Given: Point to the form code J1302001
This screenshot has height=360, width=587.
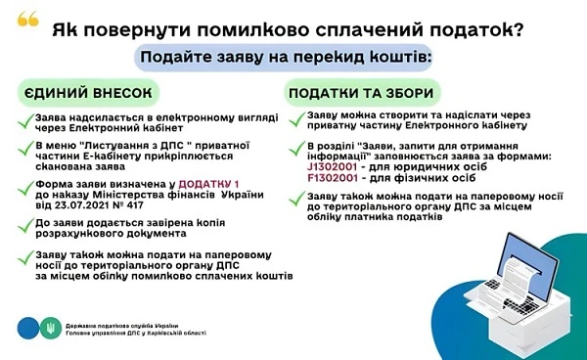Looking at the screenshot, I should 337,166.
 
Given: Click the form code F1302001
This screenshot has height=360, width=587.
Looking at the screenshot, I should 337,178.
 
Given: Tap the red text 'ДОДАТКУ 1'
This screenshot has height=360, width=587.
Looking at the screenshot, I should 211,183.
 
